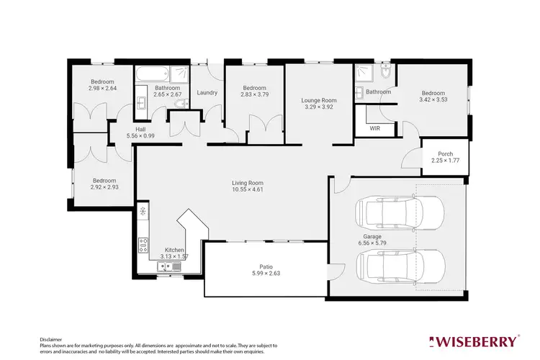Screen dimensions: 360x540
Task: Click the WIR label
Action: point(374,128)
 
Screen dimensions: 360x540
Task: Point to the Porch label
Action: point(446,153)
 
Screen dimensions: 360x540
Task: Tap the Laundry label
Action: point(207,92)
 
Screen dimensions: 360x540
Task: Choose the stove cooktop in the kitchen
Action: point(143,244)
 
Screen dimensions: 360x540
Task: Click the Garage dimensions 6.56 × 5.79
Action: point(372,243)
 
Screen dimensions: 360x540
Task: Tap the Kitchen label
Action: point(175,250)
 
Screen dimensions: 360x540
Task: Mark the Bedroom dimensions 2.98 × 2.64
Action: point(103,88)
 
